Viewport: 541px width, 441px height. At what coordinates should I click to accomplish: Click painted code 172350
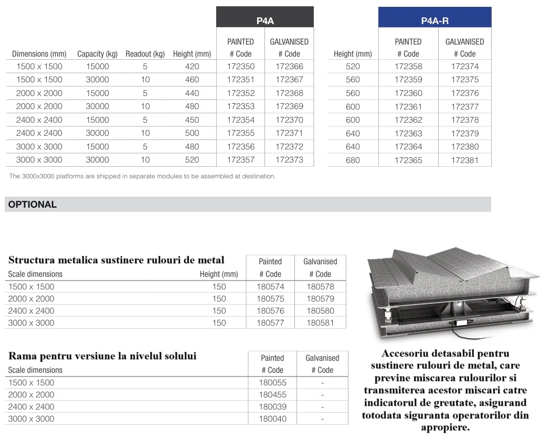241,67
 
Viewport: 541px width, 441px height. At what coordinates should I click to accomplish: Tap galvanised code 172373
289,160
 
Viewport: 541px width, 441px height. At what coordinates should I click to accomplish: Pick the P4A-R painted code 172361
408,106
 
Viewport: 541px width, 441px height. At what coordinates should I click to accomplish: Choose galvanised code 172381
465,160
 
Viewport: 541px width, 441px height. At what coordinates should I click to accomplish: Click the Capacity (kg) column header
97,54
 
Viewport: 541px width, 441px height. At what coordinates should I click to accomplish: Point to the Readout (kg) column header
145,54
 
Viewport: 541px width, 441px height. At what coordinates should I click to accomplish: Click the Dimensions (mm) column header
39,54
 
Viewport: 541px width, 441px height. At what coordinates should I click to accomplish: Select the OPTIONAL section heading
33,205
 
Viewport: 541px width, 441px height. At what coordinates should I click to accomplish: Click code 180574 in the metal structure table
270,287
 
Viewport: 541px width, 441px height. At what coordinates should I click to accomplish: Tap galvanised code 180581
320,323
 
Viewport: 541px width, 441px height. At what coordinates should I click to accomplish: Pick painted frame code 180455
272,395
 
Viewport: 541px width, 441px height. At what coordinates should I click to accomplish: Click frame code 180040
272,419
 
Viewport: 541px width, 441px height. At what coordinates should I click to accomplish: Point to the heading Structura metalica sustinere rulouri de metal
116,260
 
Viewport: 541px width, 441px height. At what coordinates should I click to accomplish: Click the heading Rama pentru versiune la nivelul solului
102,356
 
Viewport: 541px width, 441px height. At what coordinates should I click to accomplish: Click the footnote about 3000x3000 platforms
142,176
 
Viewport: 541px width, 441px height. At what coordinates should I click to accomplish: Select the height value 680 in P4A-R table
353,160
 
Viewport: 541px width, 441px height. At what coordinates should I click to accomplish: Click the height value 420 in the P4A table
192,67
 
